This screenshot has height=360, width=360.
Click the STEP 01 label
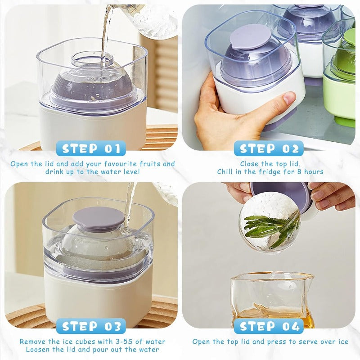[91, 148]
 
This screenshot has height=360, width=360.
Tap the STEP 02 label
[269, 148]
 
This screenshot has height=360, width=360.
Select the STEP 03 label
[91, 326]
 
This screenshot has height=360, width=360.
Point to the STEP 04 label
[269, 326]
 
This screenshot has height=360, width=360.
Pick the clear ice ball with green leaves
[269, 222]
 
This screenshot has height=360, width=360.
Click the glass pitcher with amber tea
[272, 299]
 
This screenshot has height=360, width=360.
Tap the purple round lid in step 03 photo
[99, 219]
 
